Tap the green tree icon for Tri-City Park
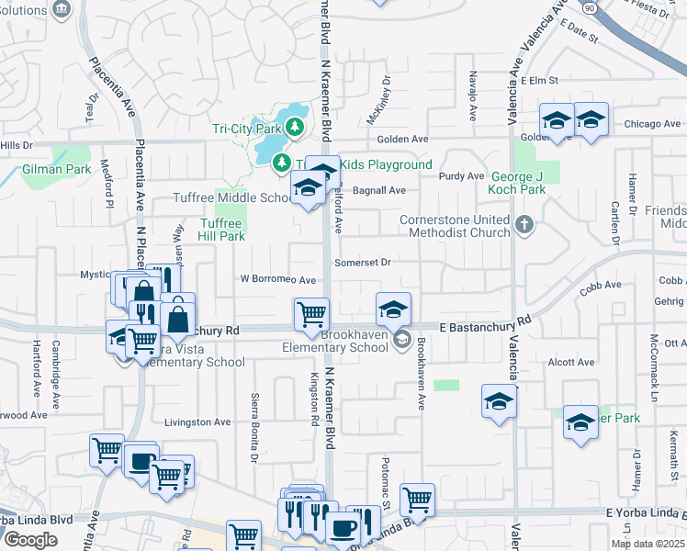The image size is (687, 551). (295, 127)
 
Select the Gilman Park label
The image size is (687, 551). (57, 169)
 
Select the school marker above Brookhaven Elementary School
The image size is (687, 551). (393, 309)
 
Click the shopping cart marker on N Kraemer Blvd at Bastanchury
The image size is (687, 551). (311, 314)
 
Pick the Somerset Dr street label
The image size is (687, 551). (363, 263)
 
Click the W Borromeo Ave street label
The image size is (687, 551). (278, 279)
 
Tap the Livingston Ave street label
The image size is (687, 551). (197, 422)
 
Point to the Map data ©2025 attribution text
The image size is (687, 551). (648, 544)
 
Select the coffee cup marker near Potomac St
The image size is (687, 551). (343, 528)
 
